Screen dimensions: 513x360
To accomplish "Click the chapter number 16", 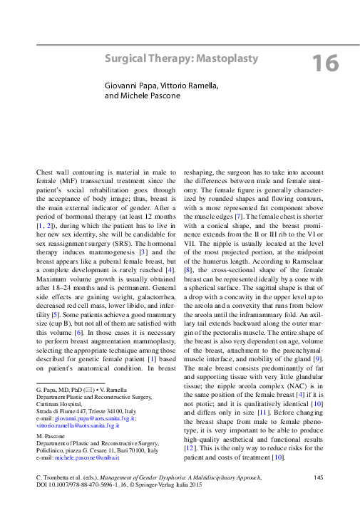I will pyautogui.click(x=325, y=63).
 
